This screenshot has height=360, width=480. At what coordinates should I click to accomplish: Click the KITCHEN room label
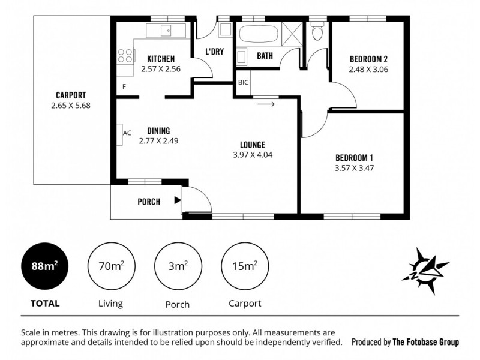point(161,59)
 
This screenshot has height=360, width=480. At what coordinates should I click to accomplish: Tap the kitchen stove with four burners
point(125,56)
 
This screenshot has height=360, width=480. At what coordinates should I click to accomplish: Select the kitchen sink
point(166,30)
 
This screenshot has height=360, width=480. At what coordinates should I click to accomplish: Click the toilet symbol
point(317,31)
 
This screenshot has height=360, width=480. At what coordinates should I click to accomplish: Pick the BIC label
point(243,82)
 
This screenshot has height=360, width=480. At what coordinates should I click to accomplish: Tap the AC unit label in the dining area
point(127,133)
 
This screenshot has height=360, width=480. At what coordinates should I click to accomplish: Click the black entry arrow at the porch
point(178,200)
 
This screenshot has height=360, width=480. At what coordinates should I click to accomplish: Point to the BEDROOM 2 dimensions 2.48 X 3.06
point(368,70)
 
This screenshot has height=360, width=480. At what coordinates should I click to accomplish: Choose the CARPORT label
point(71,95)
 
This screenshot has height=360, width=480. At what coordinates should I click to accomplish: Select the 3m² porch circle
point(177,266)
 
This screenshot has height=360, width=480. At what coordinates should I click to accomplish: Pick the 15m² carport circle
point(244,266)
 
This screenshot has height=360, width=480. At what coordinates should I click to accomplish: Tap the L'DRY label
point(214,52)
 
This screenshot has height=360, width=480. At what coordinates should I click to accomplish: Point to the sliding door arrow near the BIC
point(265,104)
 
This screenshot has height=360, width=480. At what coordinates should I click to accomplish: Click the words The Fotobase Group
point(425,343)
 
